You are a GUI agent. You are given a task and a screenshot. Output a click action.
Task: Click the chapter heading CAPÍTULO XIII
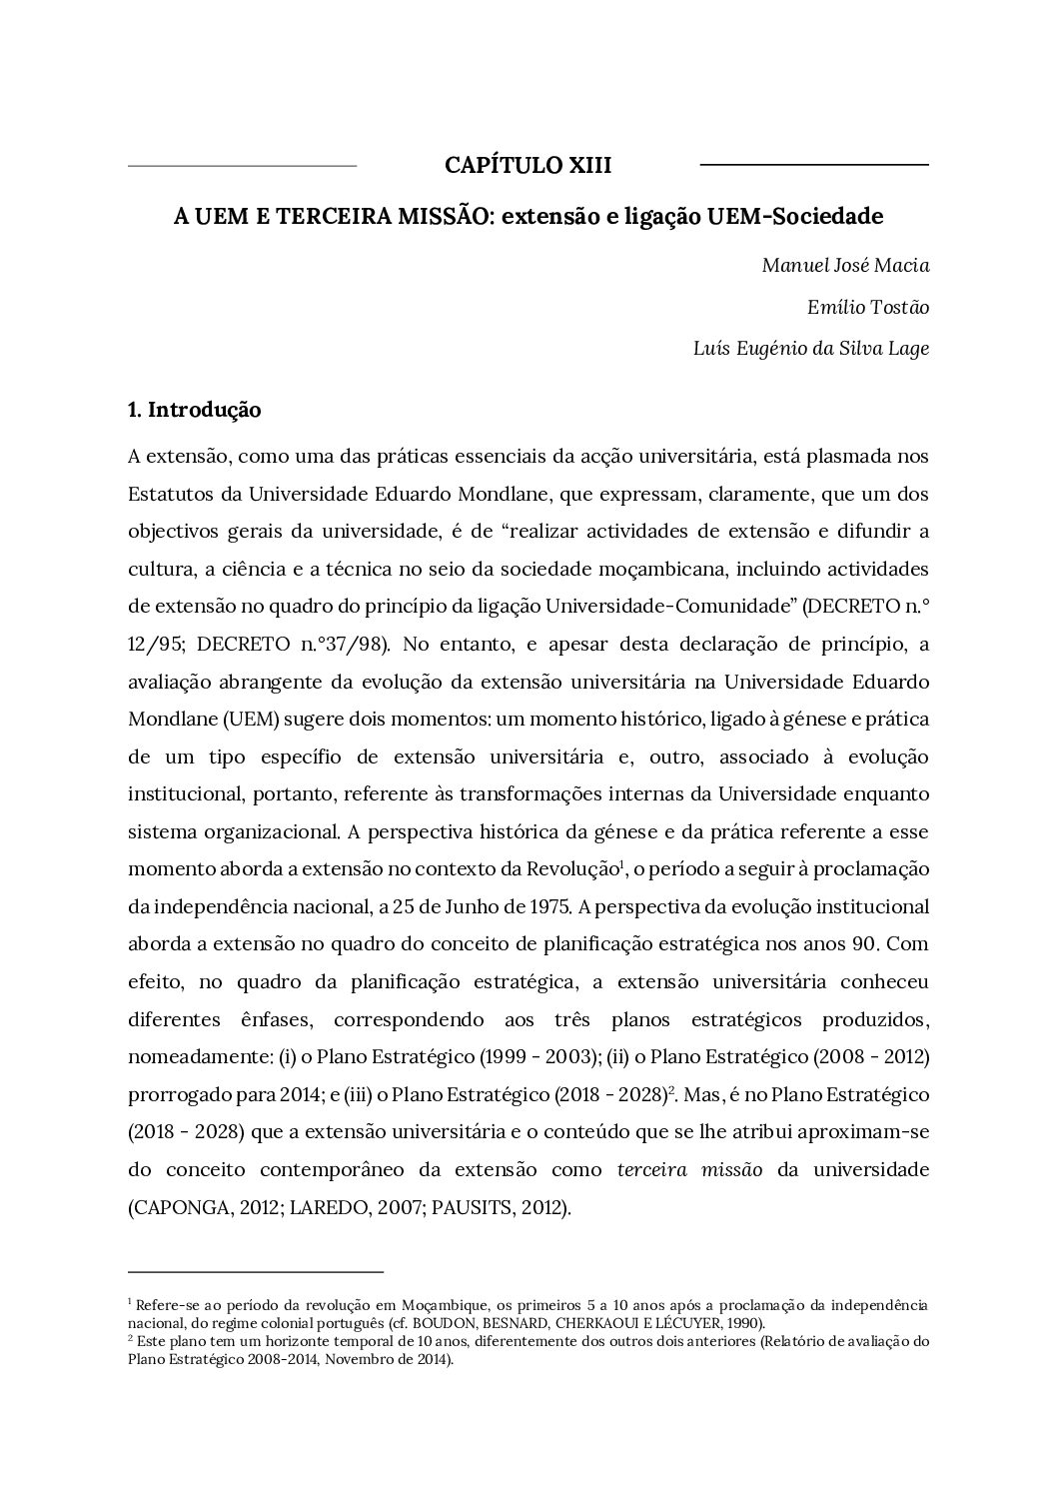click(528, 165)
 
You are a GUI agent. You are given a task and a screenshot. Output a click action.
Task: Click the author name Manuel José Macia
click(845, 265)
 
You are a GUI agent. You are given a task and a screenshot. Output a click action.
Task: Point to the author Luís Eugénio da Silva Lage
click(810, 349)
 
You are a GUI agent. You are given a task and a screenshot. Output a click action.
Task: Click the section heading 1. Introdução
click(195, 410)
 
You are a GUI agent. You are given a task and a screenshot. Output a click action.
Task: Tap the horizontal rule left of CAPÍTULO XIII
click(243, 164)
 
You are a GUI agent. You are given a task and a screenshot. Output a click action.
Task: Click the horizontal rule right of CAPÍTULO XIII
click(814, 164)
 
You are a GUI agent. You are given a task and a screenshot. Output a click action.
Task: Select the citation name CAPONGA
click(177, 1208)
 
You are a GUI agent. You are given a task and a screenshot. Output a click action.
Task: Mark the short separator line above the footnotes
click(256, 1272)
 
